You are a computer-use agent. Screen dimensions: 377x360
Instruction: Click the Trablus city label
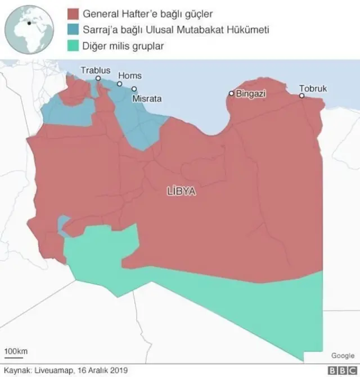click(96, 71)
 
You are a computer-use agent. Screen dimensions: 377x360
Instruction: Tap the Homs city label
click(130, 76)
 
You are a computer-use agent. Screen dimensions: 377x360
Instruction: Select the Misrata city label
click(147, 98)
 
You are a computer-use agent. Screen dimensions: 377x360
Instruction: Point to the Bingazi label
click(251, 94)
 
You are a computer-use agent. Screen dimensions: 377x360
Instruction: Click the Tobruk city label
click(313, 89)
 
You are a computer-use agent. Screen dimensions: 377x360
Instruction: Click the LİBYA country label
click(181, 191)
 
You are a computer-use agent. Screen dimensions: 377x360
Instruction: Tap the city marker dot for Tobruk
click(302, 96)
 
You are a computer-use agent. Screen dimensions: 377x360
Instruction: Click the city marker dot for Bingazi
click(231, 94)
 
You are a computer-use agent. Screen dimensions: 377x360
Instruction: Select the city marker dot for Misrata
click(134, 89)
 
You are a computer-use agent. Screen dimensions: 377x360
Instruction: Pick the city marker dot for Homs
click(119, 84)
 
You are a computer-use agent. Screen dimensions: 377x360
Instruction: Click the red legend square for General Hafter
click(71, 13)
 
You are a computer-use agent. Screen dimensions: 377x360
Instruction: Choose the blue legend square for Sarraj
click(71, 29)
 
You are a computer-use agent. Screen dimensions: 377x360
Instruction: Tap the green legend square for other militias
click(71, 46)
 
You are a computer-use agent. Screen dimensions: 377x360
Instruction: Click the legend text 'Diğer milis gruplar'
click(123, 46)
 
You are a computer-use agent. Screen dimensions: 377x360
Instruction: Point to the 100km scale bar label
click(16, 352)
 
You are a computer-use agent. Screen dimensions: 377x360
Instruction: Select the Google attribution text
click(343, 356)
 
